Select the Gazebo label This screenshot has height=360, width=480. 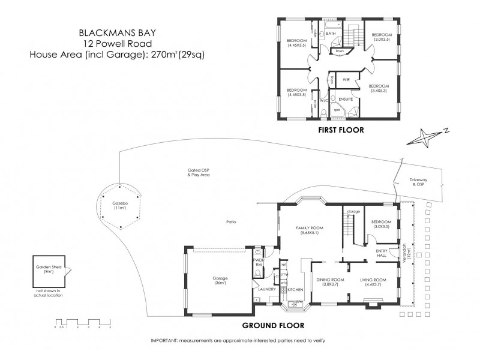120,206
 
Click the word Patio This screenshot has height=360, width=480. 231,222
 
